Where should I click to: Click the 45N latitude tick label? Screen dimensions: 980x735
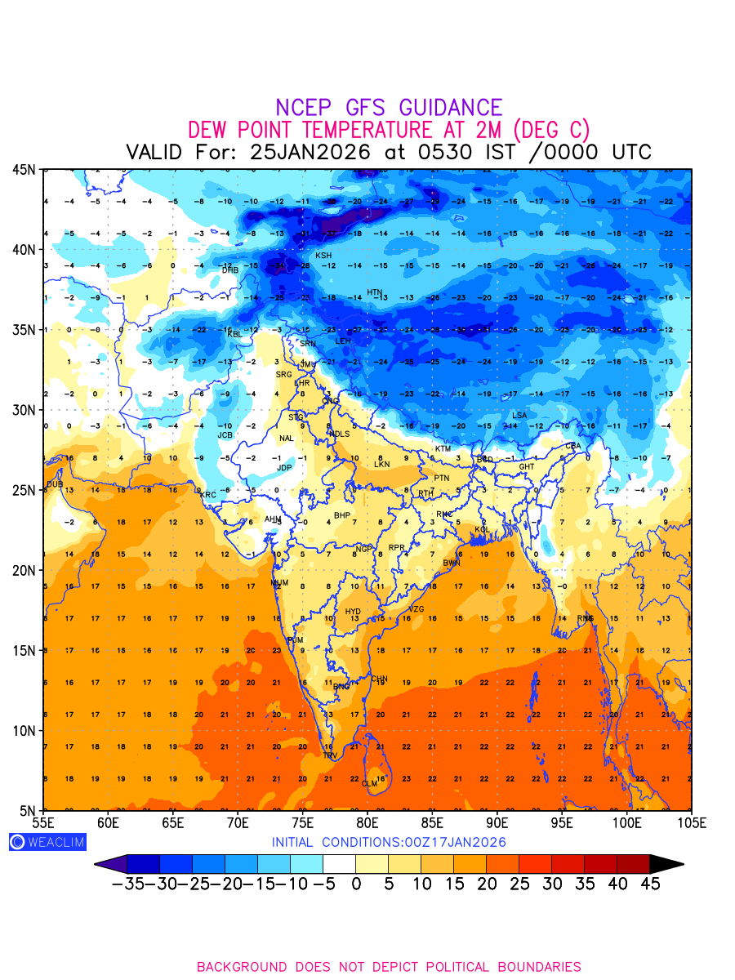(23, 170)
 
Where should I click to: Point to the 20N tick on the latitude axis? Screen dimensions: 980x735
(23, 570)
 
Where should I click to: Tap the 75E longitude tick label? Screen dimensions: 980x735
(303, 822)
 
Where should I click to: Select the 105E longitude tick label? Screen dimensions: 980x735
(691, 822)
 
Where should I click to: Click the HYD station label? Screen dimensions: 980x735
(353, 612)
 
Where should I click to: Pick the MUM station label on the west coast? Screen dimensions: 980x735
(279, 583)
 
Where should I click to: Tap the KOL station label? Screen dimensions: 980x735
(482, 530)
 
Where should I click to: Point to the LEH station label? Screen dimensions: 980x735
(343, 341)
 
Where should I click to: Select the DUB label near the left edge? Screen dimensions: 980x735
(55, 484)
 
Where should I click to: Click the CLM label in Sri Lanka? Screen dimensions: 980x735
(370, 783)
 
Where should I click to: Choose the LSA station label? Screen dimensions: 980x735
(519, 416)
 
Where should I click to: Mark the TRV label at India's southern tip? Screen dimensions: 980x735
(330, 756)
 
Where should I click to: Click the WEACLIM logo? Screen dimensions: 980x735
(47, 842)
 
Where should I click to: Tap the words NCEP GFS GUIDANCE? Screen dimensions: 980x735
(389, 108)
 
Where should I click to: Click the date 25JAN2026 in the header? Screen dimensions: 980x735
(310, 152)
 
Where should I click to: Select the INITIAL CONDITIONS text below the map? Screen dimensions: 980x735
(389, 842)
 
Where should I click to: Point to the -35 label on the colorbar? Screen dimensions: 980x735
(129, 883)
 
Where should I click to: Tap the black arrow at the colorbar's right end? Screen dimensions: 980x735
(665, 863)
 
